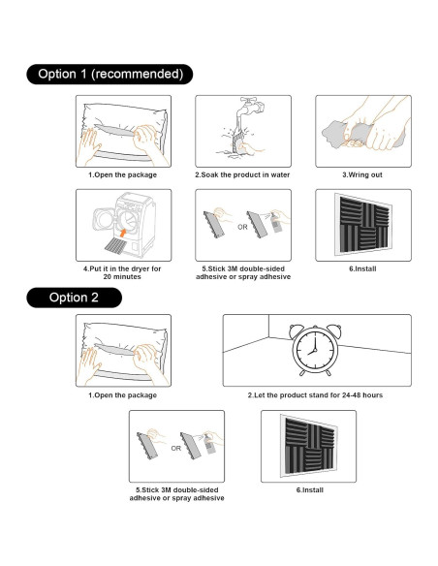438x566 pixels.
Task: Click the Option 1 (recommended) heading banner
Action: (109, 74)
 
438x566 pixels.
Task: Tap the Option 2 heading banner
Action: (74, 298)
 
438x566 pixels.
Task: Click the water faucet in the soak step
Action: (250, 109)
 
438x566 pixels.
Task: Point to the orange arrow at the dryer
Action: (123, 232)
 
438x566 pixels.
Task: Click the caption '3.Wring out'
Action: (362, 174)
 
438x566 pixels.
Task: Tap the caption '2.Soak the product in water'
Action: (242, 174)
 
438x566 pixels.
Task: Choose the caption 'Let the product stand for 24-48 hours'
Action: (318, 394)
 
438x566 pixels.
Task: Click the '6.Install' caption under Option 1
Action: (362, 268)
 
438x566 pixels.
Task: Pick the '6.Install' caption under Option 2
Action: (309, 489)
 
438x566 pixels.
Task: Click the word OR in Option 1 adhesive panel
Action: (242, 227)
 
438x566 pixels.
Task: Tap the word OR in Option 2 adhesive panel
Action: (176, 449)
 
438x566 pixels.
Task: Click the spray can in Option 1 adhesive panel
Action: (276, 223)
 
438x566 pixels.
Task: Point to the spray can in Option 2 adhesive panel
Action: (209, 444)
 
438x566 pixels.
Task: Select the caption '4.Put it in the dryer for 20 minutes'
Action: (122, 273)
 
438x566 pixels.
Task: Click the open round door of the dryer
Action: (105, 219)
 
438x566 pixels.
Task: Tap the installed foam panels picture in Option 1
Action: (363, 224)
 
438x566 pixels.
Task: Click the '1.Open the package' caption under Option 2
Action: (123, 395)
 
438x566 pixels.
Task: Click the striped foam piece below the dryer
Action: (116, 246)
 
